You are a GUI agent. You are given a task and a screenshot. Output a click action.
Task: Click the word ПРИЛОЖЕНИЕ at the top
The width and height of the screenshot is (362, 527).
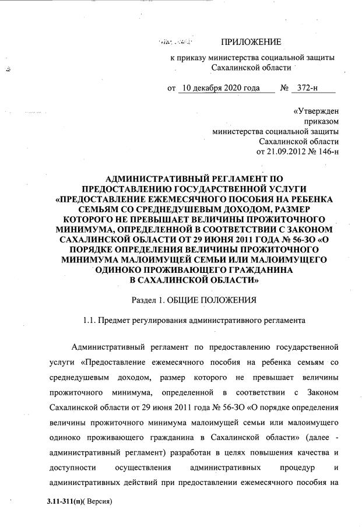251,41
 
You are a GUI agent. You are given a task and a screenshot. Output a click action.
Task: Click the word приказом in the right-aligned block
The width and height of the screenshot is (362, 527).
321,121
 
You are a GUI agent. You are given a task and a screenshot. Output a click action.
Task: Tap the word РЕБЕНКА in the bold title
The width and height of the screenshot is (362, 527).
313,199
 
